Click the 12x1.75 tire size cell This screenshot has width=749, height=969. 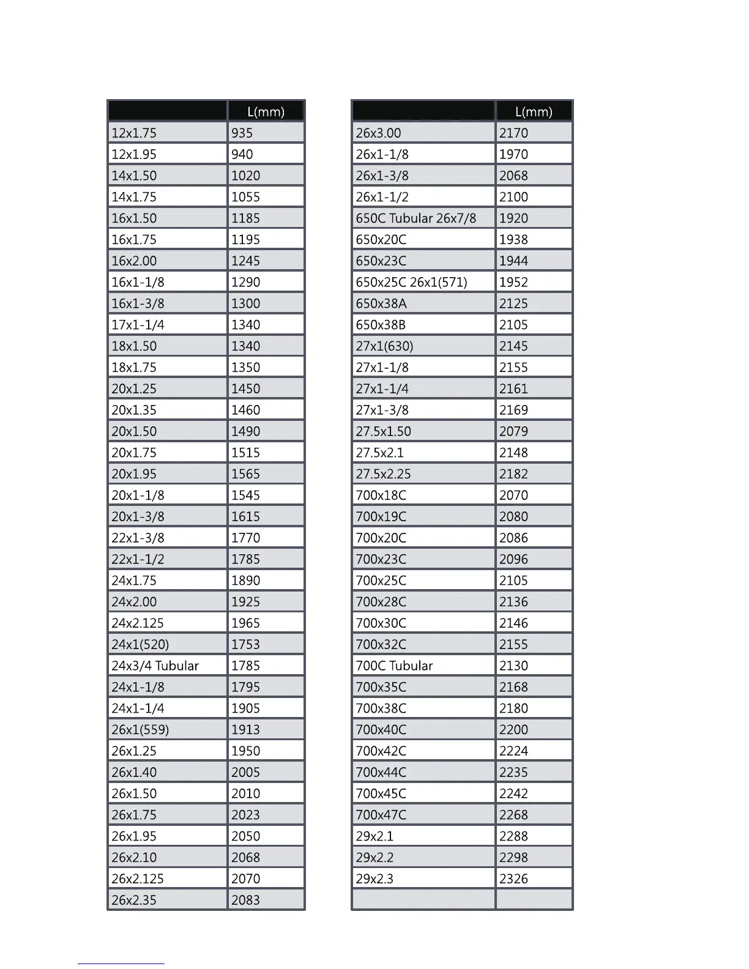[x=134, y=133]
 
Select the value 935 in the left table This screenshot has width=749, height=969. [x=242, y=133]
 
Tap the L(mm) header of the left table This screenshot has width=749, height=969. [x=266, y=111]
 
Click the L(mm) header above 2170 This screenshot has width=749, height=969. [x=534, y=111]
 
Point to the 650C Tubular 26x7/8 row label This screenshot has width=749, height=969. [x=416, y=218]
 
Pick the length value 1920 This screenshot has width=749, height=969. [x=513, y=218]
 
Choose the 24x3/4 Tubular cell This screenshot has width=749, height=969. [x=155, y=666]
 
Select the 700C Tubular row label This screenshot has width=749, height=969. [x=394, y=666]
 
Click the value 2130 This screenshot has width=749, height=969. [x=513, y=666]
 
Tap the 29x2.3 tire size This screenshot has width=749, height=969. [x=374, y=878]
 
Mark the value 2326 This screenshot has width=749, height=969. [x=513, y=878]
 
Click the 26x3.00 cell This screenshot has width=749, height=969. [x=378, y=133]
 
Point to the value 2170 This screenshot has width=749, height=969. [x=513, y=133]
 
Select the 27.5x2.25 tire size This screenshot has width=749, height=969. [x=383, y=473]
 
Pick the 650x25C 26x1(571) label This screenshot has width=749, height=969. [x=411, y=282]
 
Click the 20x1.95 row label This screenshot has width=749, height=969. [x=134, y=473]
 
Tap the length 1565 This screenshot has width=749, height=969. [x=245, y=473]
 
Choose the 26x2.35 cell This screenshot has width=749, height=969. [x=134, y=900]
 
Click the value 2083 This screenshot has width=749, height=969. [x=245, y=900]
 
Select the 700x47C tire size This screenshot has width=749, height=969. [x=381, y=815]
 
